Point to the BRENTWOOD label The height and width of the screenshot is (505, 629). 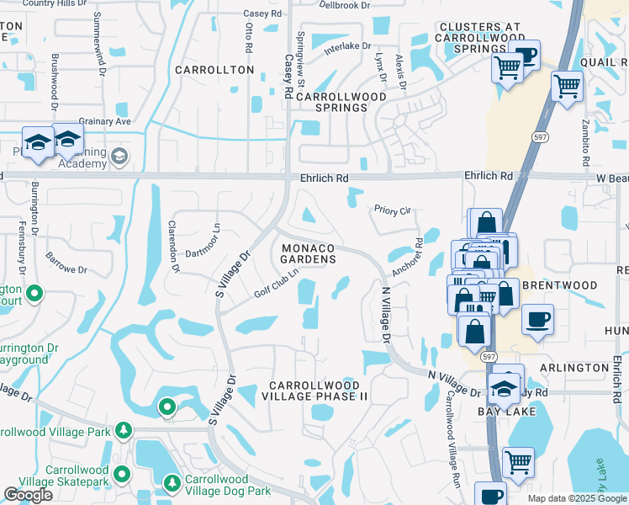click(559, 285)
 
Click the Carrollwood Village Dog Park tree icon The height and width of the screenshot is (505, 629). click(172, 483)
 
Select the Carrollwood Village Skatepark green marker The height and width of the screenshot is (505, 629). click(123, 473)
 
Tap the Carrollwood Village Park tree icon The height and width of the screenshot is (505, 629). click(124, 431)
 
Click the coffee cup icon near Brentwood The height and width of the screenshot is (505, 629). click(537, 320)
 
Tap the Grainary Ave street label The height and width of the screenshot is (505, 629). click(105, 121)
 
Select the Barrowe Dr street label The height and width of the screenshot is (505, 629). click(66, 263)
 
